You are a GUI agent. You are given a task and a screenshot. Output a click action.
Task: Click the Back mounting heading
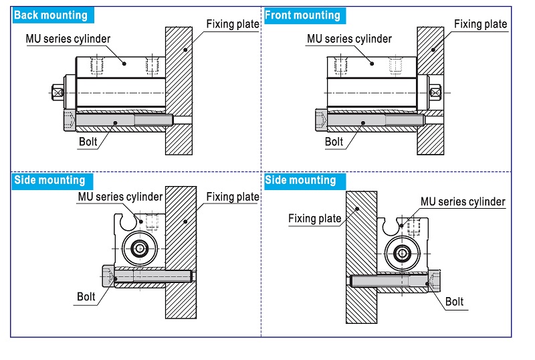pyautogui.click(x=51, y=15)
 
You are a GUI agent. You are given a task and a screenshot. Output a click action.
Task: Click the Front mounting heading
pyautogui.click(x=302, y=15)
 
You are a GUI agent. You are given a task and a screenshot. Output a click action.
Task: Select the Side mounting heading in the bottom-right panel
pyautogui.click(x=300, y=180)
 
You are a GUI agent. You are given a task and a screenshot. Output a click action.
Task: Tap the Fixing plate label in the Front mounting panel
pyautogui.click(x=481, y=24)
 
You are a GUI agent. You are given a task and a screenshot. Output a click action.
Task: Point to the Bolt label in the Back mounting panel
pyautogui.click(x=89, y=142)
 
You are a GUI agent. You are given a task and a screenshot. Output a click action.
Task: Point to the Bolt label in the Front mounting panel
pyautogui.click(x=334, y=142)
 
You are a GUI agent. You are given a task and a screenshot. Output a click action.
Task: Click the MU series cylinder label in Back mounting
pyautogui.click(x=68, y=39)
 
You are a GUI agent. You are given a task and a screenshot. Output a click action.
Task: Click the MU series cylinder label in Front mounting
pyautogui.click(x=349, y=39)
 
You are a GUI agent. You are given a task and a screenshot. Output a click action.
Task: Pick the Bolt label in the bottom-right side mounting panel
pyautogui.click(x=454, y=302)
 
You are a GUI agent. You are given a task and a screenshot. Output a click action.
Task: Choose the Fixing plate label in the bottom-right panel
pyautogui.click(x=314, y=218)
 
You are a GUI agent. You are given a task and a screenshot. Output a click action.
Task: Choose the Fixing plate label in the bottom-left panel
pyautogui.click(x=232, y=197)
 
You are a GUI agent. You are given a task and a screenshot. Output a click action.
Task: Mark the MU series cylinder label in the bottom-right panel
pyautogui.click(x=463, y=201)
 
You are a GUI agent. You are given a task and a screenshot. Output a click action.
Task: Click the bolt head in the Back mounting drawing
pyautogui.click(x=70, y=122)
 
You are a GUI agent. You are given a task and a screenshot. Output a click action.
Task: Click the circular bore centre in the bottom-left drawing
pyautogui.click(x=140, y=250)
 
